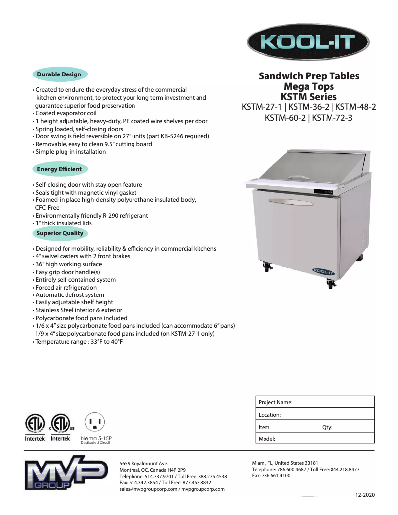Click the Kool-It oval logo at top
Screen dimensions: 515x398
tap(308, 42)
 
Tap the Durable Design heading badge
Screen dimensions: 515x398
tap(59, 74)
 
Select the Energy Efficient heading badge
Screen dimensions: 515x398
tap(60, 169)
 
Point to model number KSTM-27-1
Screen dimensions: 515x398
tap(262, 107)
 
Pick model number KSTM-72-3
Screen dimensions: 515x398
tap(332, 118)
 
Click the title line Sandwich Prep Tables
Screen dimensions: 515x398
tap(309, 76)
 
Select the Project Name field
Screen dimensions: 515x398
tap(315, 402)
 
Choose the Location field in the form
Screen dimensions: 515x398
tap(315, 415)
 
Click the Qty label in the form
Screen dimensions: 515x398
tap(327, 427)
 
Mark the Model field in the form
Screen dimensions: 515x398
tap(315, 439)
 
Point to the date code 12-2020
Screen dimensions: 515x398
tap(365, 495)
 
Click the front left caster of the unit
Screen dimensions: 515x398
tap(267, 267)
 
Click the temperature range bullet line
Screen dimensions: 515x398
tap(79, 342)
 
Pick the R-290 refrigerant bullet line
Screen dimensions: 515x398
tap(91, 216)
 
